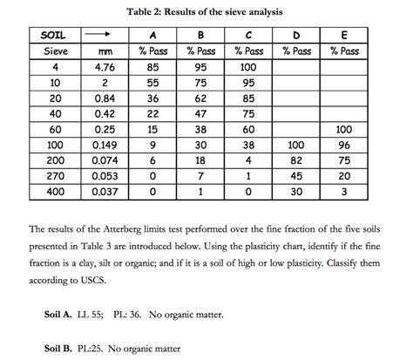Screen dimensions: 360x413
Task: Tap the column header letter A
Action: pos(154,36)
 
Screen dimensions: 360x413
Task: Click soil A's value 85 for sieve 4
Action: pos(154,65)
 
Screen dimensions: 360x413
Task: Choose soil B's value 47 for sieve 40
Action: pos(201,112)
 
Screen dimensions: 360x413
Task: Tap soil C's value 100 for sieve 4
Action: pos(249,65)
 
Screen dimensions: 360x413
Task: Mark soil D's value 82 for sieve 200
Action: pos(298,160)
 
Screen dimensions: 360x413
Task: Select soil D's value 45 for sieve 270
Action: pos(298,175)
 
